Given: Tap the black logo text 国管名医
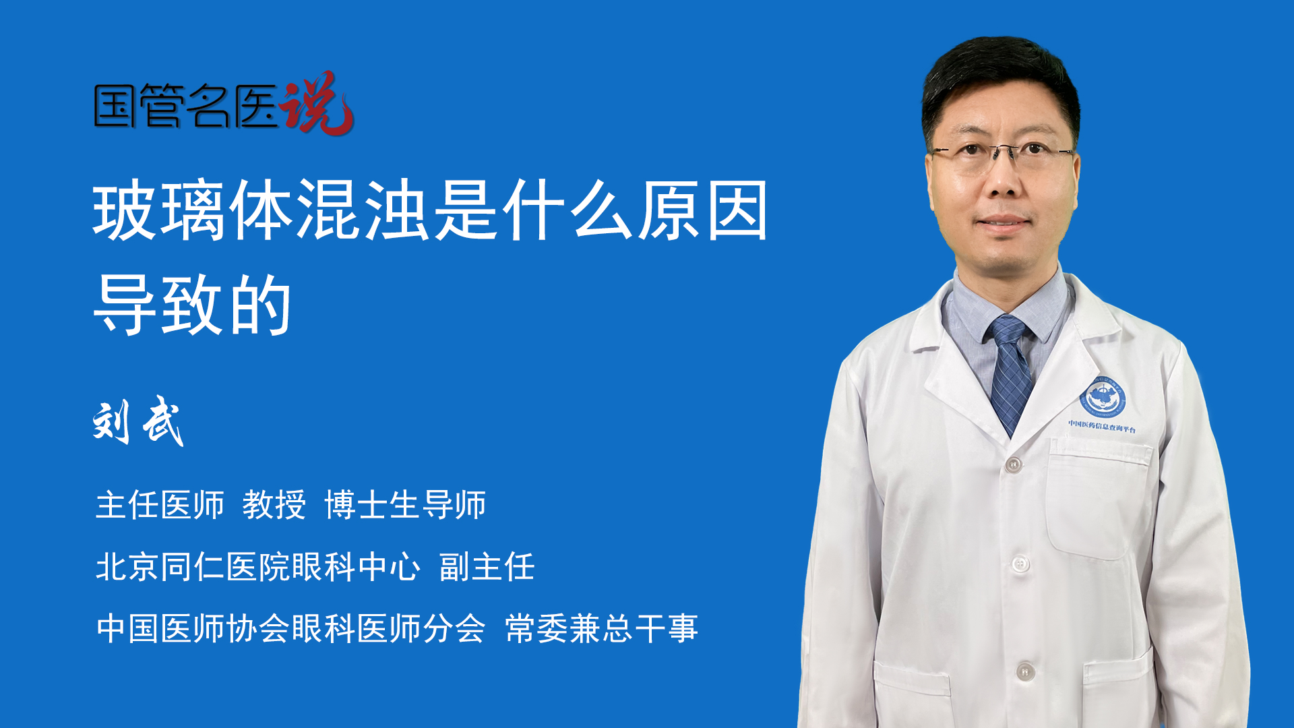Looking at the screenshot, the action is tap(186, 106).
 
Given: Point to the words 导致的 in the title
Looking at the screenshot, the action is tap(193, 305).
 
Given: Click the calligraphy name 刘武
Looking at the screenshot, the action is tap(138, 422).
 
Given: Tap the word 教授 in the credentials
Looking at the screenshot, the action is tap(274, 505).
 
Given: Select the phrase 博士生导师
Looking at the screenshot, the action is tap(405, 505).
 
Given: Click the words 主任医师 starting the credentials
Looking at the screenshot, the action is tap(160, 505).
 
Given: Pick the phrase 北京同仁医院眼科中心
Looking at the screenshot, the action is tap(258, 566).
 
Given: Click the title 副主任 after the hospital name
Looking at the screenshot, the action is tap(487, 566).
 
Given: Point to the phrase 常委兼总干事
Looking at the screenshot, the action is tap(601, 628).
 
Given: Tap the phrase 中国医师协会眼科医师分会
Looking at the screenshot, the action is tap(290, 628).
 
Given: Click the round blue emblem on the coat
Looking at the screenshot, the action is tap(1103, 397).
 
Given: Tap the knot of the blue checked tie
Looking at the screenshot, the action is tap(1007, 330).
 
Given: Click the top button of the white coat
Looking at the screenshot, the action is tap(1013, 464).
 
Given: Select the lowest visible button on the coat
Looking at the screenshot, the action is tap(1024, 671).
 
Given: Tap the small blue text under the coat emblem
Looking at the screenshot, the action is tap(1102, 427).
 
